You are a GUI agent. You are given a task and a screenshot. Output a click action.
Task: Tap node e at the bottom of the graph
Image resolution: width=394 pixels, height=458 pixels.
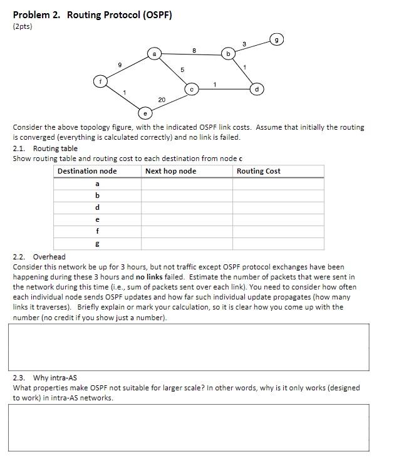tap(145, 113)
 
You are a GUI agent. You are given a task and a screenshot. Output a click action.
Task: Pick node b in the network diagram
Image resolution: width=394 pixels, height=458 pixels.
tap(228, 55)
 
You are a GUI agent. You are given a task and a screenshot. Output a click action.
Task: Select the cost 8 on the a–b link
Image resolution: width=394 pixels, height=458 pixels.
tap(194, 49)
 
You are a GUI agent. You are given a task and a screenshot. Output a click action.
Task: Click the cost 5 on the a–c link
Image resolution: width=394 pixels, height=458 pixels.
tap(182, 70)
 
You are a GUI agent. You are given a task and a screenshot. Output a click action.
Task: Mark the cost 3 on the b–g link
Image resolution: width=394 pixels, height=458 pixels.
tap(244, 43)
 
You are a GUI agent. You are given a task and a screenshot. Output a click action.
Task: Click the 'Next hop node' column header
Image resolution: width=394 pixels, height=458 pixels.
tap(170, 171)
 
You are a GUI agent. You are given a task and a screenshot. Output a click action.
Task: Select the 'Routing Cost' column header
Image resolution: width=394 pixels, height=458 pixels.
tap(259, 171)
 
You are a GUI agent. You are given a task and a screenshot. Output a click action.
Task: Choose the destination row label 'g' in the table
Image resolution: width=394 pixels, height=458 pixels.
tap(97, 243)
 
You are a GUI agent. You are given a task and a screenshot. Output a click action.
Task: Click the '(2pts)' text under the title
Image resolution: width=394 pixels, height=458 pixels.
tap(23, 26)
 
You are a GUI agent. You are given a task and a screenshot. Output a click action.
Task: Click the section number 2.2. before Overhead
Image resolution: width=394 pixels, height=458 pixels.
tap(21, 257)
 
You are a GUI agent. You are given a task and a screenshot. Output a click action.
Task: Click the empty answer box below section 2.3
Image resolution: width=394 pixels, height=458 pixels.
tap(189, 427)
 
